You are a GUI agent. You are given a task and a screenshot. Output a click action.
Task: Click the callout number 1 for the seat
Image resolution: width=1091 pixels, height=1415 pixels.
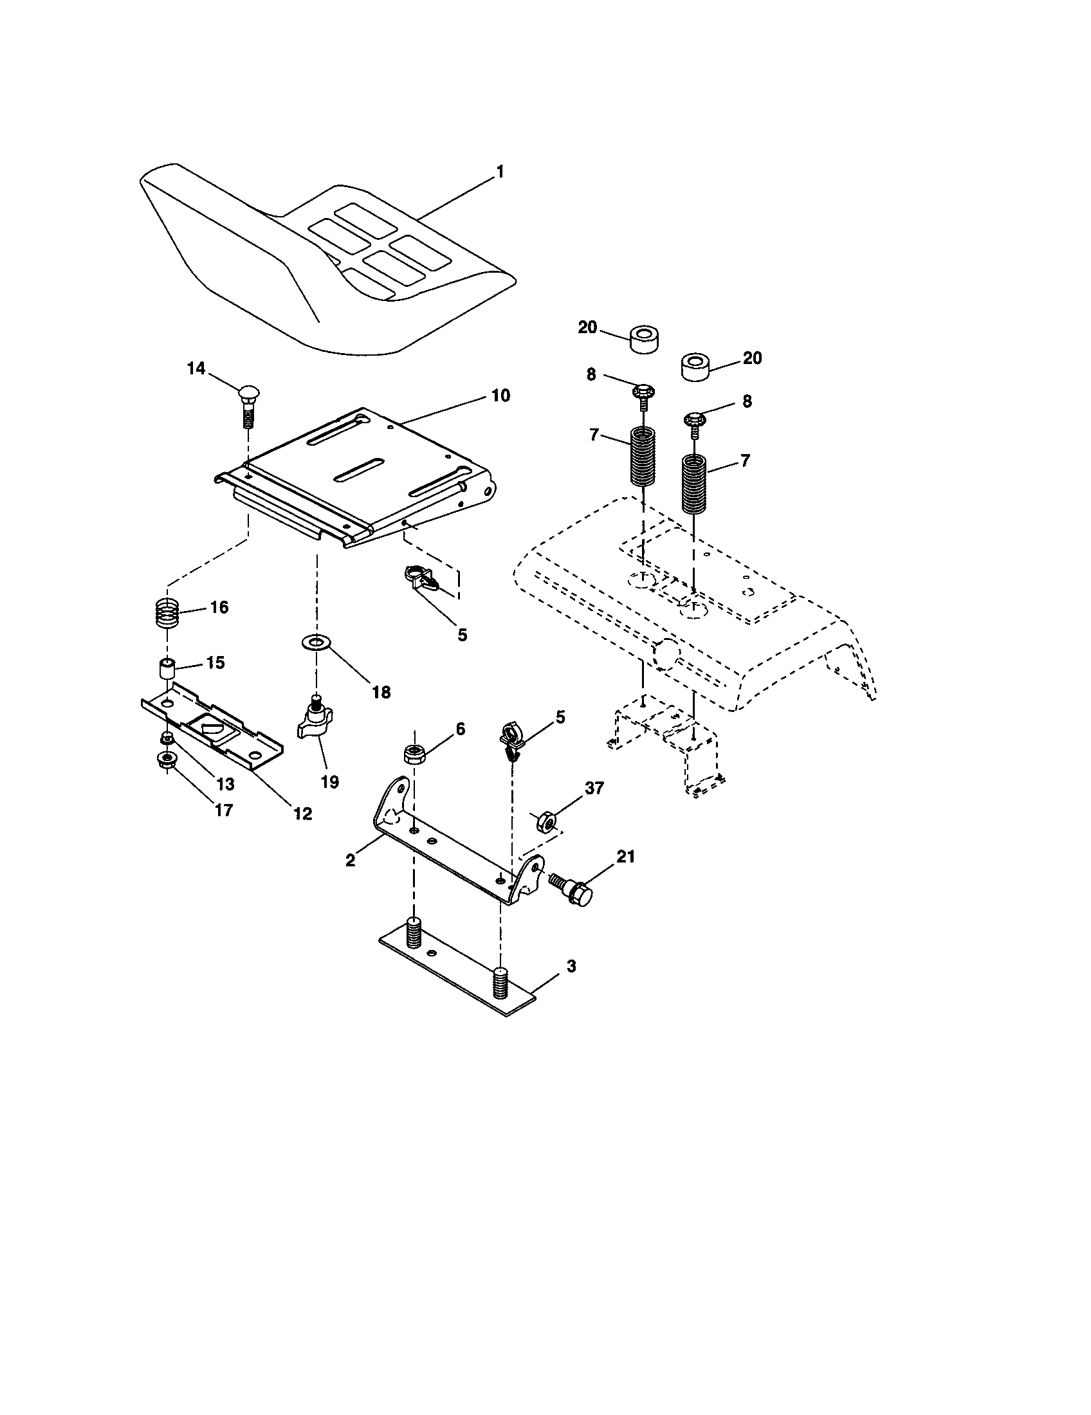[x=499, y=172]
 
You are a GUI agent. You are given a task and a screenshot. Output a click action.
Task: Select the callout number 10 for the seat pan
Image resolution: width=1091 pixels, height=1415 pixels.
[x=500, y=395]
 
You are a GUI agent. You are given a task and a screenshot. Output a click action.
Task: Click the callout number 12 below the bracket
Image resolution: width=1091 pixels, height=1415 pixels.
[x=302, y=814]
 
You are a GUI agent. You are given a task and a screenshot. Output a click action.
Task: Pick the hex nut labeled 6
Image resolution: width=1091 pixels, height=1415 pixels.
[x=414, y=754]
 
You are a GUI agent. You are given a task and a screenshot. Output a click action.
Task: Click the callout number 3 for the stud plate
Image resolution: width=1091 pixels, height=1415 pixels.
[x=571, y=966]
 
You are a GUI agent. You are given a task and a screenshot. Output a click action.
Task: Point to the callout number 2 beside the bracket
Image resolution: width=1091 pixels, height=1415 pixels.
[x=351, y=861]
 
